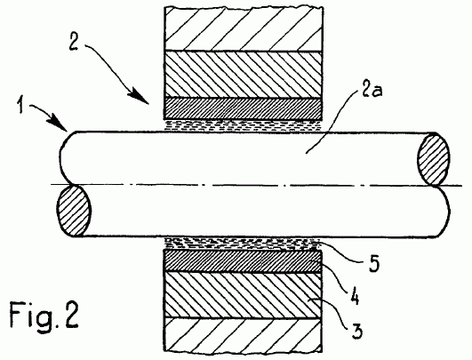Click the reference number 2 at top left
pyautogui.click(x=74, y=42)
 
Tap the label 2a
pyautogui.click(x=372, y=90)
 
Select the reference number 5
pyautogui.click(x=374, y=264)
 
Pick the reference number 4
pyautogui.click(x=355, y=296)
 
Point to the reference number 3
pyautogui.click(x=357, y=330)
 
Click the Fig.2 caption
pyautogui.click(x=44, y=315)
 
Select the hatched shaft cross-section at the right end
pyautogui.click(x=434, y=159)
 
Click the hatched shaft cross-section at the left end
pyautogui.click(x=74, y=211)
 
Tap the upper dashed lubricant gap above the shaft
pyautogui.click(x=243, y=125)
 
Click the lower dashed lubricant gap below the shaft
pyautogui.click(x=241, y=244)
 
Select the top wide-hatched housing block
pyautogui.click(x=244, y=29)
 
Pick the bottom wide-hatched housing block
pyautogui.click(x=243, y=335)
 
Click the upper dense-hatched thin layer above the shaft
pyautogui.click(x=244, y=108)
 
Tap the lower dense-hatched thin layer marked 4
pyautogui.click(x=243, y=261)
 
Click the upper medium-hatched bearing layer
pyautogui.click(x=244, y=75)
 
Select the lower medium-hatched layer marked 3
pyautogui.click(x=243, y=296)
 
